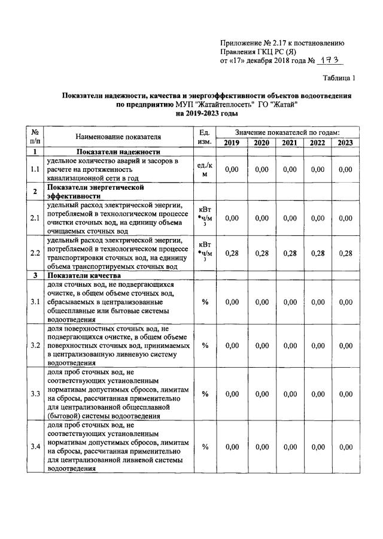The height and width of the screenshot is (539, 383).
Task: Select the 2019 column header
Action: tap(231, 143)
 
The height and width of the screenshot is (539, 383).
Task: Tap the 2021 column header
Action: tap(290, 143)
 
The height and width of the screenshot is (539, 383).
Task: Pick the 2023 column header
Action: tap(345, 143)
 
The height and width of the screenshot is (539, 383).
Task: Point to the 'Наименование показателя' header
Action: tap(118, 137)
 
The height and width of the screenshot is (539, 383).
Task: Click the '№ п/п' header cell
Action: tap(35, 137)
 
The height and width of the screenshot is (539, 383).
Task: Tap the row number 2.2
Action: tap(35, 253)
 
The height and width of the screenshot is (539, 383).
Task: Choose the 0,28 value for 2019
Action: tap(231, 253)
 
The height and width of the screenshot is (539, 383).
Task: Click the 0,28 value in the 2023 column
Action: tap(345, 253)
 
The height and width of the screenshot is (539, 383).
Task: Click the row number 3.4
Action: tap(35, 447)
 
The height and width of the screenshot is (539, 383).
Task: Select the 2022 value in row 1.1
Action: tap(318, 169)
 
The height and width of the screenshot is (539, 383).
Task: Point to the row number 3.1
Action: tap(35, 302)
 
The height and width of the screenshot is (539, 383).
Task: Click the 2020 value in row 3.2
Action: tap(262, 346)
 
